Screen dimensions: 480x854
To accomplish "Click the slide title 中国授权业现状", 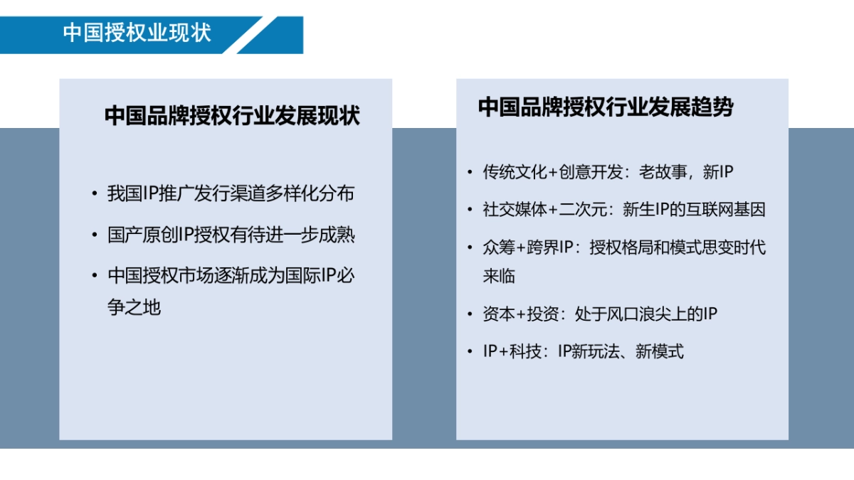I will [137, 33].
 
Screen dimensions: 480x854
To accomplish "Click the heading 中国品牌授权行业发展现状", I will [232, 116].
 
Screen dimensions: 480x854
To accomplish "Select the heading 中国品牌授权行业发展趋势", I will [606, 107].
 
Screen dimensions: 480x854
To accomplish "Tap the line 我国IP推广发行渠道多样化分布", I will [231, 194].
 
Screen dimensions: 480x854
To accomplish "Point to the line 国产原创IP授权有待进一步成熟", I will [231, 235].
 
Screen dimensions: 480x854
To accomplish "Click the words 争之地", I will [135, 307].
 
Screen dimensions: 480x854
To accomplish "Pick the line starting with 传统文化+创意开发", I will [608, 172].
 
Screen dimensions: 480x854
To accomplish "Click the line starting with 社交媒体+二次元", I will [624, 210].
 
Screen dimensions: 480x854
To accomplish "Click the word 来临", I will [499, 276].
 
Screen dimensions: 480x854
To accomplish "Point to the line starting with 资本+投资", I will [600, 314].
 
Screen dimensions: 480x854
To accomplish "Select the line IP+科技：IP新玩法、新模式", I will [583, 351].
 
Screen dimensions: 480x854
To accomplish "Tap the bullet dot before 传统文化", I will [469, 172].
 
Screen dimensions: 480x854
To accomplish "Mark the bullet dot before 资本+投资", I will [469, 314].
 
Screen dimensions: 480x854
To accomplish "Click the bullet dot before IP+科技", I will [469, 351].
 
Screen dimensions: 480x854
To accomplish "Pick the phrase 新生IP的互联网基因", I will [694, 210].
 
